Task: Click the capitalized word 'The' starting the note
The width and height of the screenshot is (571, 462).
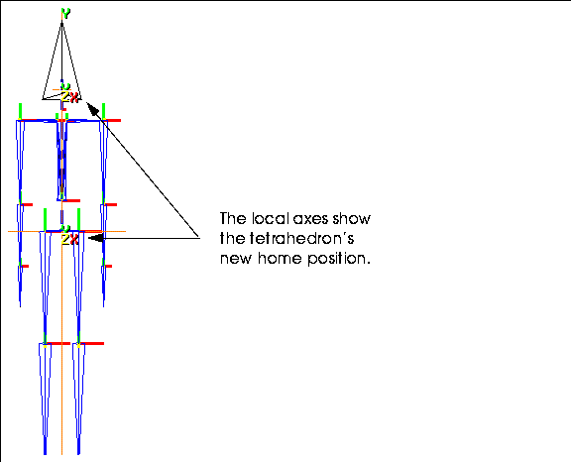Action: point(233,218)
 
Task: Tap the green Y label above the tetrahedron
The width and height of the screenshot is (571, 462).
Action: point(65,14)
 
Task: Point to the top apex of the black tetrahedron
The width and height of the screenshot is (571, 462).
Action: point(61,24)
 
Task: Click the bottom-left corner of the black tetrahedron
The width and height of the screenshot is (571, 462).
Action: point(43,99)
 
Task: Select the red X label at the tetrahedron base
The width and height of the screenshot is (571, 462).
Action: point(74,97)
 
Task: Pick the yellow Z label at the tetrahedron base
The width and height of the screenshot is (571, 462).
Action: point(65,97)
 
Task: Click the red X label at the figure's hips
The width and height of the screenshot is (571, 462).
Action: point(74,240)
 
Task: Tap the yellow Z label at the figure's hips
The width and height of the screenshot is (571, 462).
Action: point(65,240)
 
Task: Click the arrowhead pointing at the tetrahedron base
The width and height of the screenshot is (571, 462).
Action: point(92,108)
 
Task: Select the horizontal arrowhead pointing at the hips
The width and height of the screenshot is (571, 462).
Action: point(96,238)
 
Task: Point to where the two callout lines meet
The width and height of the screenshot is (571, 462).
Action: point(200,239)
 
